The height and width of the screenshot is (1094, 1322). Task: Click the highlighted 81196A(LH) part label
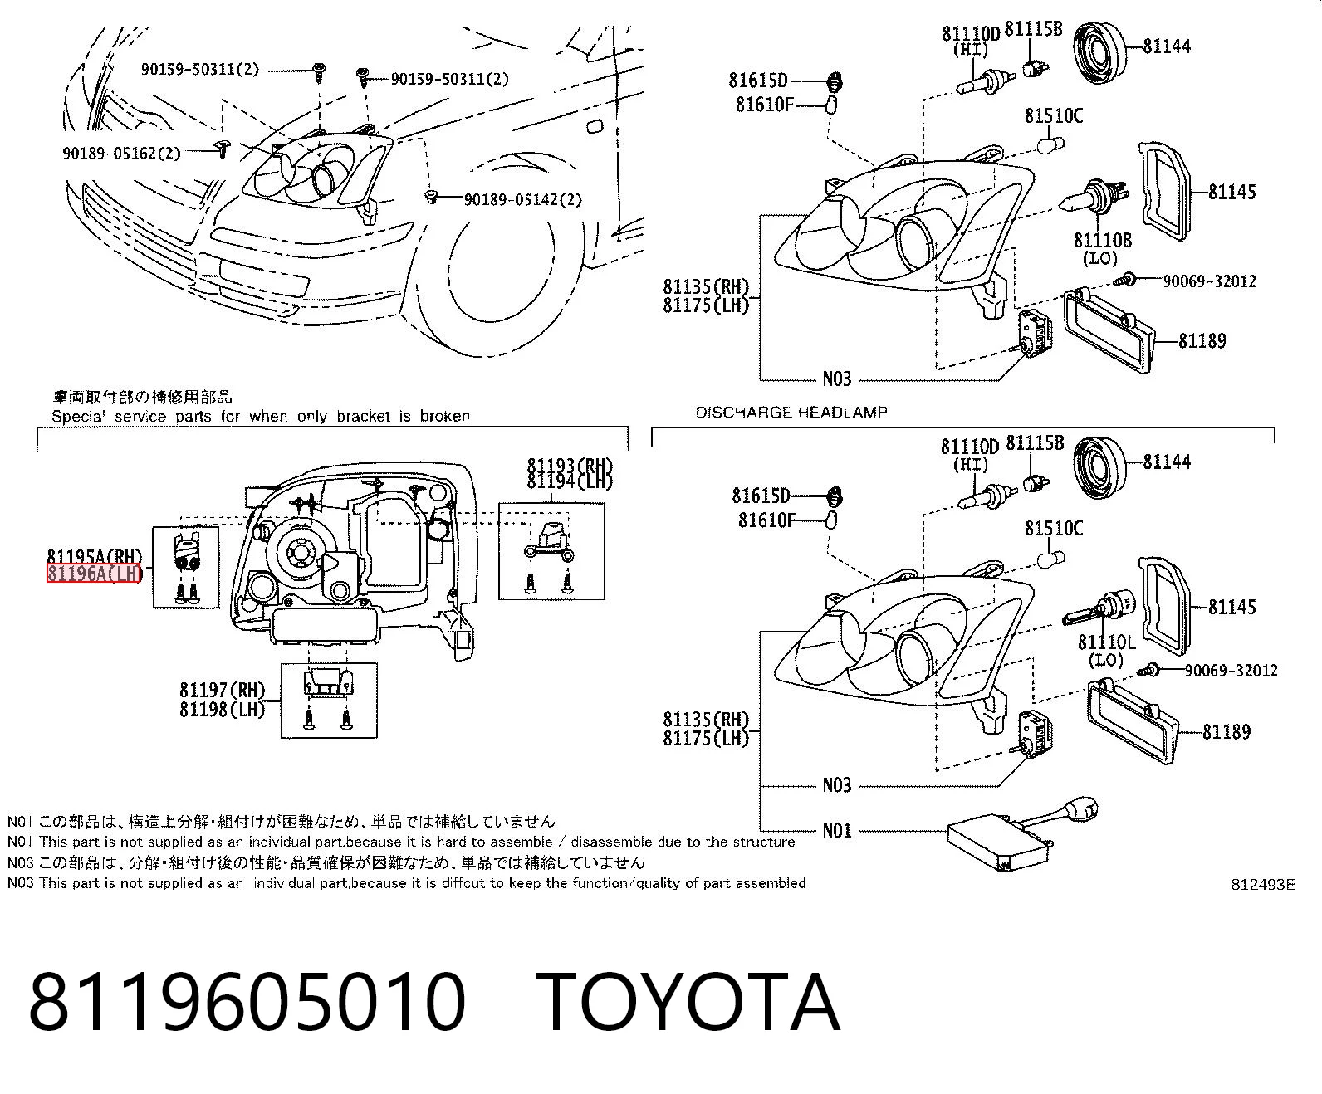(x=94, y=574)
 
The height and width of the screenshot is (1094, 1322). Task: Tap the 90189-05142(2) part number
(x=523, y=199)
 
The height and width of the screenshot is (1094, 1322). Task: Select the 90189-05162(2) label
(x=121, y=154)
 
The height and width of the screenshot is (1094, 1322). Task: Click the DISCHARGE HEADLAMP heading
(x=791, y=413)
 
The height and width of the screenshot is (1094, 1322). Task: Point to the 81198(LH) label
(x=223, y=710)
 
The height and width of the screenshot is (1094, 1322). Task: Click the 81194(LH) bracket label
(x=570, y=481)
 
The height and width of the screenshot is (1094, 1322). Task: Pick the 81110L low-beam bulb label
(x=1107, y=642)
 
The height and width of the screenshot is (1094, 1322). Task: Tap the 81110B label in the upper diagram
(x=1102, y=240)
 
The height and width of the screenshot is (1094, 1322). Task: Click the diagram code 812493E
(x=1263, y=885)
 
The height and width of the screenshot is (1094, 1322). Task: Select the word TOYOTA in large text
(x=690, y=1004)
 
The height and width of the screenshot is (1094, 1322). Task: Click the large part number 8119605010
(x=247, y=1004)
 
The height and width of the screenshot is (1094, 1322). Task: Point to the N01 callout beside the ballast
(x=836, y=831)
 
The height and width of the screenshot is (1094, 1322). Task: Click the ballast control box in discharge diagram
(x=1001, y=842)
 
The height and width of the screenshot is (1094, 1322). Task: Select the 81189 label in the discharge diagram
(x=1227, y=732)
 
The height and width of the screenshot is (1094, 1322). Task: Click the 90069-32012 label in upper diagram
(x=1209, y=281)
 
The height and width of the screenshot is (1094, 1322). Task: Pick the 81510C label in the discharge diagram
(x=1054, y=528)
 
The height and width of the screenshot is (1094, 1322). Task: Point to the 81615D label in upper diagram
(x=758, y=81)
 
